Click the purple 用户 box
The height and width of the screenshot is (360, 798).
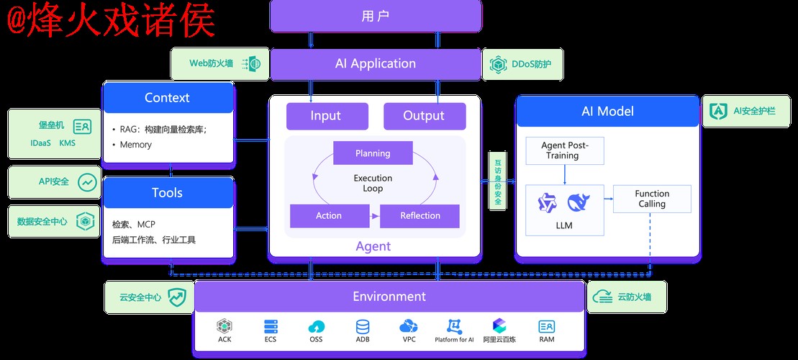375,16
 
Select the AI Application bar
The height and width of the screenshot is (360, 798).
375,64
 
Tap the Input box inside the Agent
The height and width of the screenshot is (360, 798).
327,116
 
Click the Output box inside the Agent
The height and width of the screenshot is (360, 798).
424,116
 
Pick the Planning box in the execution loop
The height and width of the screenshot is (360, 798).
373,153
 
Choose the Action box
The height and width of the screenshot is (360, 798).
328,215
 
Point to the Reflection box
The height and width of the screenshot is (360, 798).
420,215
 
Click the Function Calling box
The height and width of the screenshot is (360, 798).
651,199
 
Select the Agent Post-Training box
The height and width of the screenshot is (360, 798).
564,150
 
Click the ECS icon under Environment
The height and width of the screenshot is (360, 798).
271,327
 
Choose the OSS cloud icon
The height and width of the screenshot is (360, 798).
316,327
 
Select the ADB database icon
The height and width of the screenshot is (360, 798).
362,327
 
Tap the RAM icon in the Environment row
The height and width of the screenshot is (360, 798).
546,327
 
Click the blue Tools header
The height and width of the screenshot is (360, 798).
168,193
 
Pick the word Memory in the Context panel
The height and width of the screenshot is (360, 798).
135,145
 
